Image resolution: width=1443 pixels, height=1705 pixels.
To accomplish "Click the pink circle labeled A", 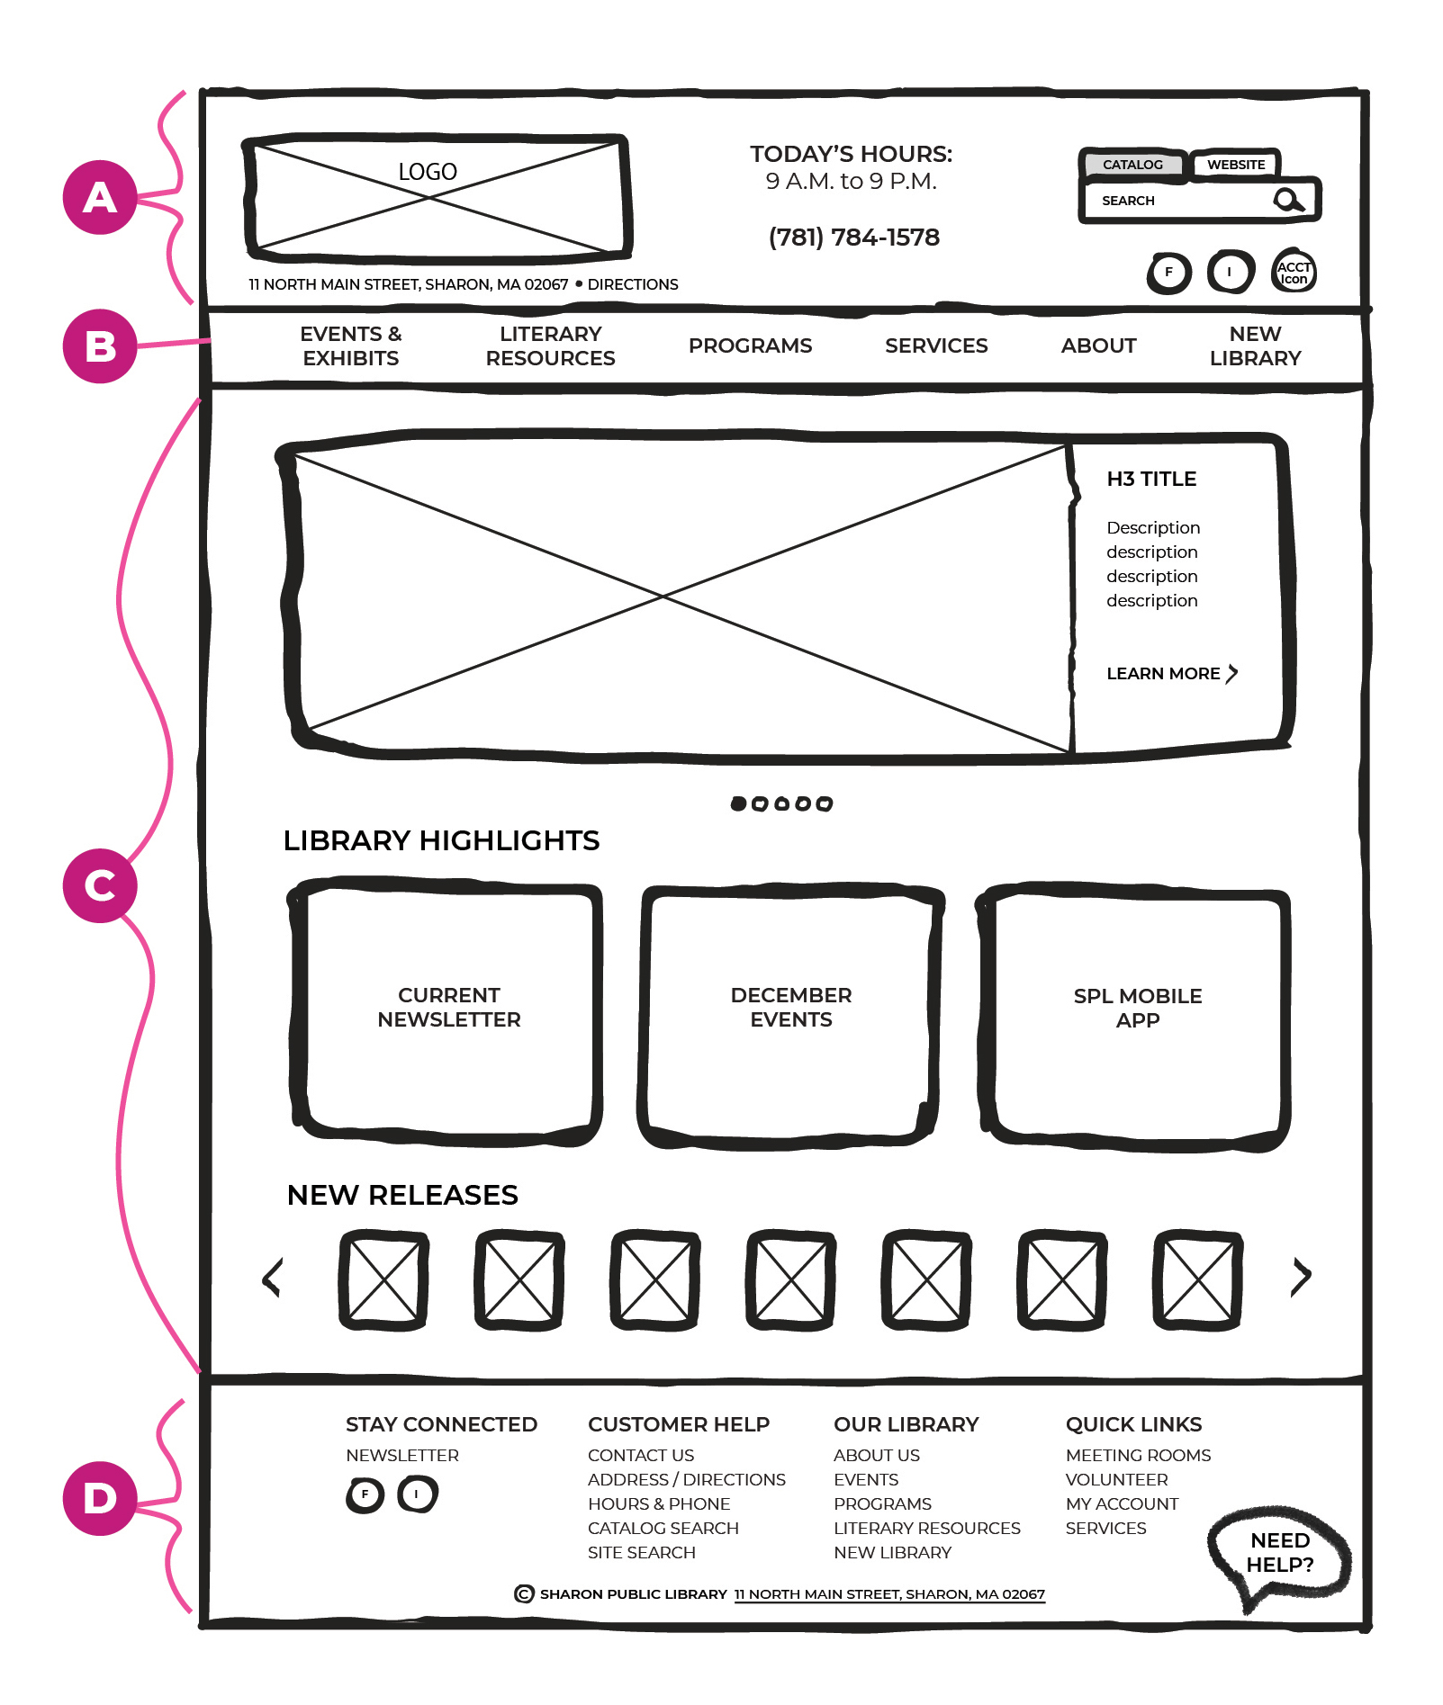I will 99,197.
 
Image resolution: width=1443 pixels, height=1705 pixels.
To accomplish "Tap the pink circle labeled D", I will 99,1498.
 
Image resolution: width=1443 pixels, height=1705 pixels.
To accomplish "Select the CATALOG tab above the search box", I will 1132,165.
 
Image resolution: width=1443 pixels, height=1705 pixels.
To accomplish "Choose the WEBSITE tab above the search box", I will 1235,165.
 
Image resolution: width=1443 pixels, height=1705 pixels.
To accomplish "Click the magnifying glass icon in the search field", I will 1288,200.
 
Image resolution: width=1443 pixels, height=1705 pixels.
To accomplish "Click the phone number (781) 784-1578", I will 853,238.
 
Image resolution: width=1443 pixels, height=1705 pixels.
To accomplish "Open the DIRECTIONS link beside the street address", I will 632,284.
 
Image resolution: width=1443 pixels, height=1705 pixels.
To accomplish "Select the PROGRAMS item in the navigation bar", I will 750,345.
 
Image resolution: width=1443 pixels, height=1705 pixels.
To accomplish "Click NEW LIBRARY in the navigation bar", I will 1255,345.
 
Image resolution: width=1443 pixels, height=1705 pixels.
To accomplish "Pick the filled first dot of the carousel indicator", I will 738,803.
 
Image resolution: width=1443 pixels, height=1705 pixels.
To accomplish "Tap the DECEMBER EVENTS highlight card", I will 790,1008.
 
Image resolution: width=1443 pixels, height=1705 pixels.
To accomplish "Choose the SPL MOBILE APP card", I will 1137,1008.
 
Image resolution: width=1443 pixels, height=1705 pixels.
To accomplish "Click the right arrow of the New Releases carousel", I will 1301,1276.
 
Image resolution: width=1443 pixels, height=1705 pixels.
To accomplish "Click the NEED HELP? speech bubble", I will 1279,1553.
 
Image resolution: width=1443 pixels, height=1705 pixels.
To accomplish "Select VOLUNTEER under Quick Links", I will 1116,1479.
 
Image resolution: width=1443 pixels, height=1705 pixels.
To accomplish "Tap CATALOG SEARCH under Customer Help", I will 663,1528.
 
